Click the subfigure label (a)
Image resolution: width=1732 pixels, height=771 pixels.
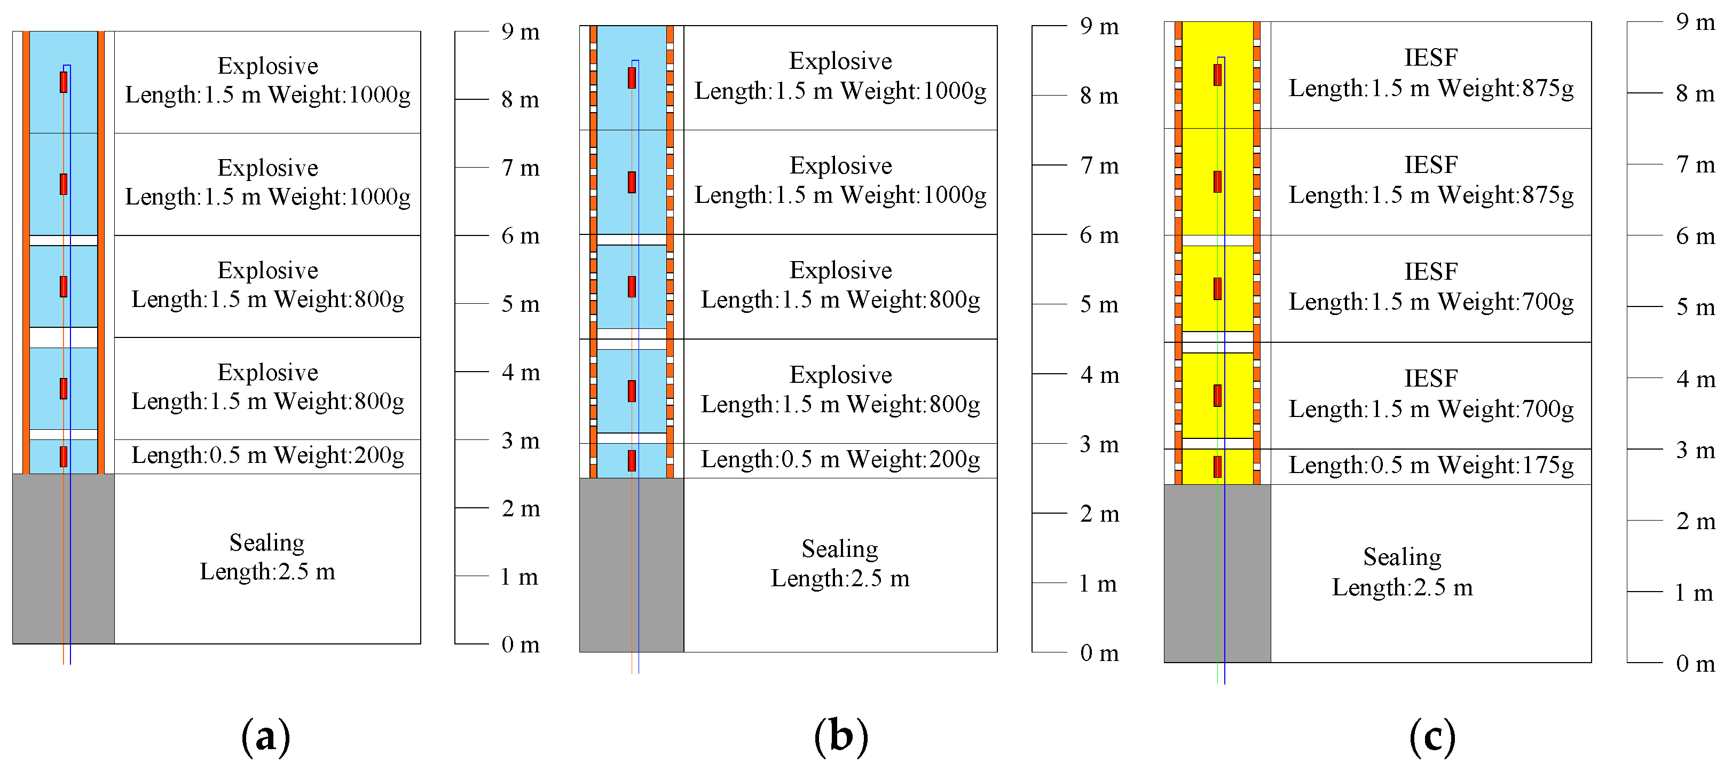[x=265, y=736]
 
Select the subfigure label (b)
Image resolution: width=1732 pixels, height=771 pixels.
[x=840, y=736]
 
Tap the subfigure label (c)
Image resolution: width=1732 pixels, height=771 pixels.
[x=1432, y=736]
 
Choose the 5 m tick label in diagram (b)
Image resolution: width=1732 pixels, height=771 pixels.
[x=1099, y=304]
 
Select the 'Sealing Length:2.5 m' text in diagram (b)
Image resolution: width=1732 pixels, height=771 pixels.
[x=840, y=563]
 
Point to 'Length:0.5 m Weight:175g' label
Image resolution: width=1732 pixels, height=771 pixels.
[x=1431, y=465]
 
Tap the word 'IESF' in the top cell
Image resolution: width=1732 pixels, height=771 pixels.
[x=1431, y=58]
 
